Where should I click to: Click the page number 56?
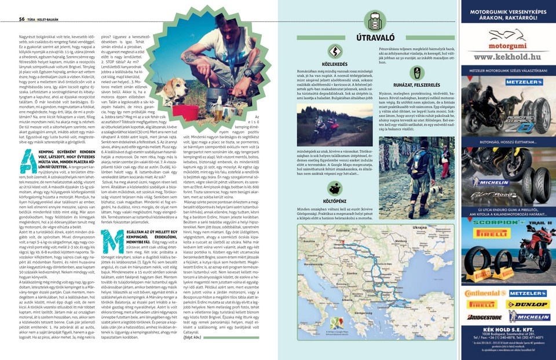(x=21, y=19)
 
